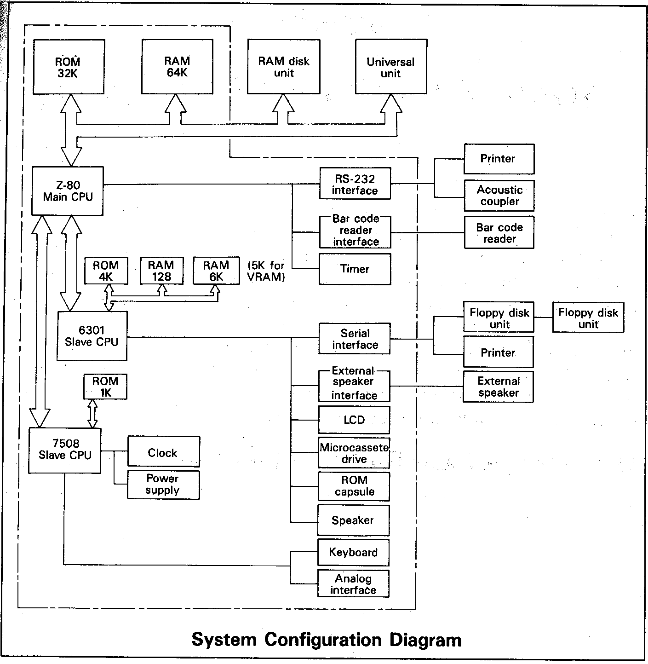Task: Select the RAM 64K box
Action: [177, 67]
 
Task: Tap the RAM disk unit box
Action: [284, 67]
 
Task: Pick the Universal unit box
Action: [390, 67]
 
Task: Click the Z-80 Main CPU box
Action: [68, 191]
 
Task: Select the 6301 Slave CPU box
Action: [92, 336]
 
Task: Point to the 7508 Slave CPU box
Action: [65, 450]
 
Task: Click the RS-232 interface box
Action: [355, 184]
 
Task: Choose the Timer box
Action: [355, 269]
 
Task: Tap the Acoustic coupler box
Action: [499, 196]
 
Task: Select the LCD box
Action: [354, 420]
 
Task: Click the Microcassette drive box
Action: [354, 453]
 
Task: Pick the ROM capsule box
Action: [354, 486]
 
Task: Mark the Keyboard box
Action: [353, 552]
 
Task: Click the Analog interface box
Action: [353, 584]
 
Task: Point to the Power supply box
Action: [163, 485]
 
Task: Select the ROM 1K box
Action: [105, 387]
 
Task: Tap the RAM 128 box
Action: [161, 271]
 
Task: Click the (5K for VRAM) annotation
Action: [266, 271]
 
